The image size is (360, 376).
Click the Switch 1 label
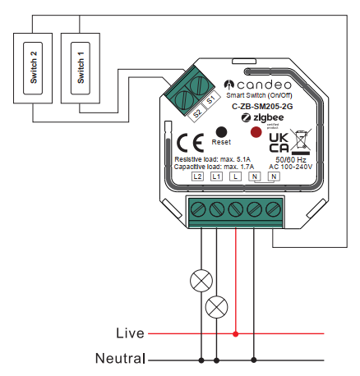[81, 67]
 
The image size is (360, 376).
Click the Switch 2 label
[33, 67]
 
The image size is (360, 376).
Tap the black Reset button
[221, 132]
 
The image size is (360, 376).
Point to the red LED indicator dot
[256, 132]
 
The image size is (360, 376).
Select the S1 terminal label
[211, 100]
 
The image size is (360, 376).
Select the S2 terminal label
[197, 113]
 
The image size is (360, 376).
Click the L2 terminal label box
[197, 177]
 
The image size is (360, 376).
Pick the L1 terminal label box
[216, 177]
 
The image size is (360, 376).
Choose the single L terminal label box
[235, 177]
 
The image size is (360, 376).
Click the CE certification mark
[191, 143]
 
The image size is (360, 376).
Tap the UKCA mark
[279, 143]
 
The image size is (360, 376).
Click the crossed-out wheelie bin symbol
[301, 142]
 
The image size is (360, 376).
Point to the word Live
[130, 333]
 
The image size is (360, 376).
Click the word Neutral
[120, 358]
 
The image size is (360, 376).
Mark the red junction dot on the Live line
[236, 334]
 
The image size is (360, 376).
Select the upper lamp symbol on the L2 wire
[201, 281]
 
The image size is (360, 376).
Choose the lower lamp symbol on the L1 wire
[216, 307]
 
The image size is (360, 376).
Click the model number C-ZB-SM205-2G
[262, 107]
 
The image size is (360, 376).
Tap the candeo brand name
[264, 85]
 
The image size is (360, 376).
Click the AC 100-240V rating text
[291, 167]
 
